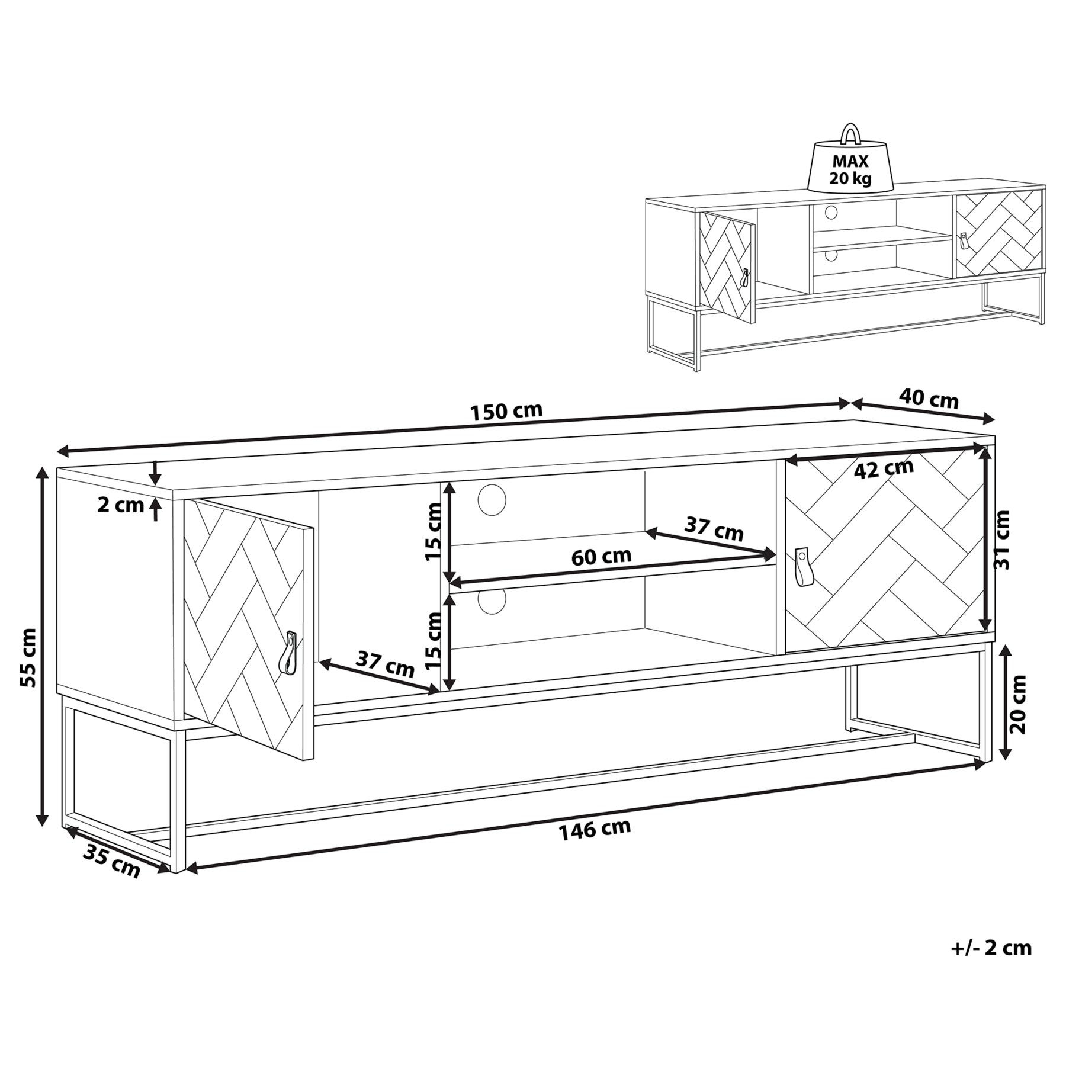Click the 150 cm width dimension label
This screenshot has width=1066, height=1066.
(x=506, y=411)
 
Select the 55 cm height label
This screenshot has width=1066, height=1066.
(x=27, y=657)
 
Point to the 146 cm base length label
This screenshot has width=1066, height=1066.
(x=595, y=829)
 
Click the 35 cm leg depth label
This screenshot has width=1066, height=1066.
(x=111, y=860)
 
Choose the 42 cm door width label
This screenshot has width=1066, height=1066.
(x=884, y=468)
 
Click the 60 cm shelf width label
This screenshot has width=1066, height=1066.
(x=601, y=556)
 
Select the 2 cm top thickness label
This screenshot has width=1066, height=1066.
(x=121, y=505)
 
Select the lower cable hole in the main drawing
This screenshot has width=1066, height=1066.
(x=492, y=601)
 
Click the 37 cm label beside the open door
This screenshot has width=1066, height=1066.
(x=385, y=664)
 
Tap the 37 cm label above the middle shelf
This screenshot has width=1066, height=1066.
(x=714, y=528)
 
